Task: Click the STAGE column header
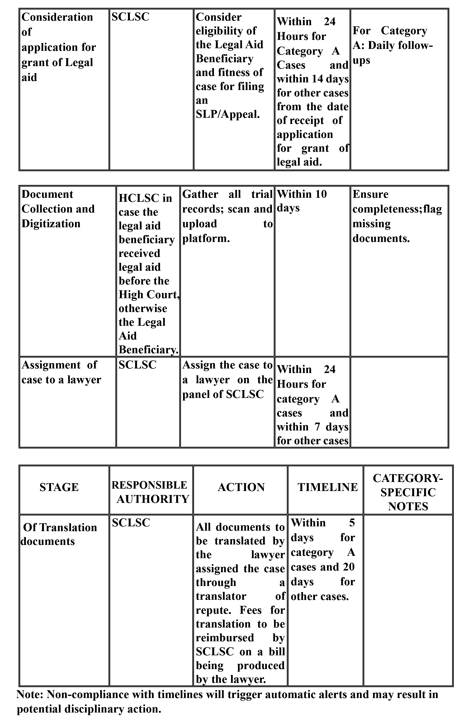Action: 59,487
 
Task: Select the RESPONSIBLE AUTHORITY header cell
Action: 151,492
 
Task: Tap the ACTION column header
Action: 241,487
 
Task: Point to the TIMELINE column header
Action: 327,487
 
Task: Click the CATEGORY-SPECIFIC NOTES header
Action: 408,492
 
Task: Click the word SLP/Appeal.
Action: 227,114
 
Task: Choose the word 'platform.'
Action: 206,238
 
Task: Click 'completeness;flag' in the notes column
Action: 397,209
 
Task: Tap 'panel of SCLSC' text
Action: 223,394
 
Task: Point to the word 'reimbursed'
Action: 225,638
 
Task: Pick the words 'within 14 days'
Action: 312,79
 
